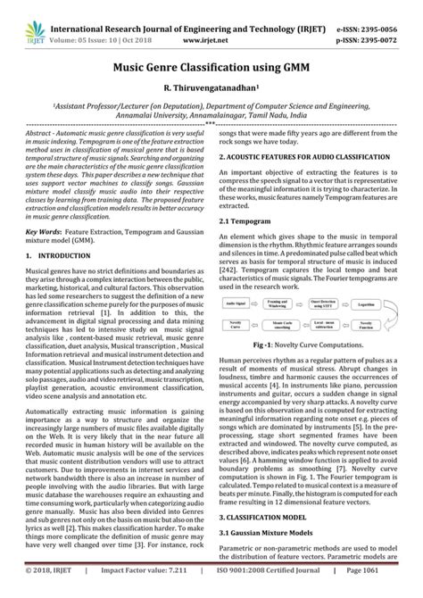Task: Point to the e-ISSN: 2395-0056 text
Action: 372,14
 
